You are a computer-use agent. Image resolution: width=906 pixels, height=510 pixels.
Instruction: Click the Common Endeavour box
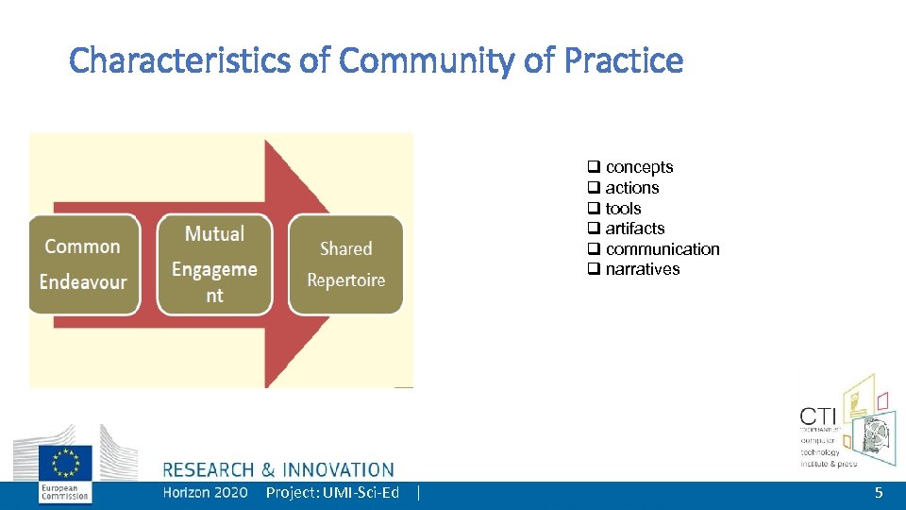83,263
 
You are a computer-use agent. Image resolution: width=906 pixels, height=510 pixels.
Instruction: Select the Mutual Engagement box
214,263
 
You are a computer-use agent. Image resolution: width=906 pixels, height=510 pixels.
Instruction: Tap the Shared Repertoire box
345,263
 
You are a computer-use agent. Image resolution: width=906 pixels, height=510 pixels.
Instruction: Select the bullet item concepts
639,167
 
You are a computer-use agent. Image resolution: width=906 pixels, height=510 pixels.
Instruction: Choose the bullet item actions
631,188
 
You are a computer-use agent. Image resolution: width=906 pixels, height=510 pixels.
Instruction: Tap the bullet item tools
623,209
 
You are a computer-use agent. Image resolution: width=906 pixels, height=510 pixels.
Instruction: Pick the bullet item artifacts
634,229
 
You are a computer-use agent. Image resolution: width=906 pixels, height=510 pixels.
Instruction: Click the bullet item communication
662,249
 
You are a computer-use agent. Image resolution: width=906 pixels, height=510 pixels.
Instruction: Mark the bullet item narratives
642,269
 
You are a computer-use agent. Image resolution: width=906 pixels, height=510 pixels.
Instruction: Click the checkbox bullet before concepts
595,167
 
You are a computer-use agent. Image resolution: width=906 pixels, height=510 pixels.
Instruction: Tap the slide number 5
879,493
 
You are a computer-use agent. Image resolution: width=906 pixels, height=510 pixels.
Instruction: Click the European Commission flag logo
65,464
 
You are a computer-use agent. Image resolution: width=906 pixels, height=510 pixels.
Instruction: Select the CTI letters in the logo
819,416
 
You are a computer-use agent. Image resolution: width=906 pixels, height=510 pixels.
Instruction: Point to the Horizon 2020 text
205,493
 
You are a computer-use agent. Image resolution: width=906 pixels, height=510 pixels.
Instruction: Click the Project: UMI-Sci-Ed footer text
332,493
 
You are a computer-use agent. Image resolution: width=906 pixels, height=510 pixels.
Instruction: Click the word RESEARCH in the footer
209,469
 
